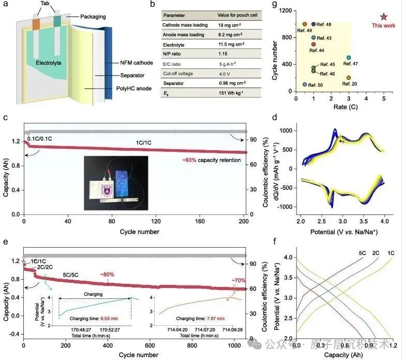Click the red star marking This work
pos(383,17)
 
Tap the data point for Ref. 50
pos(305,84)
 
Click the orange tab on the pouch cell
pos(36,24)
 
